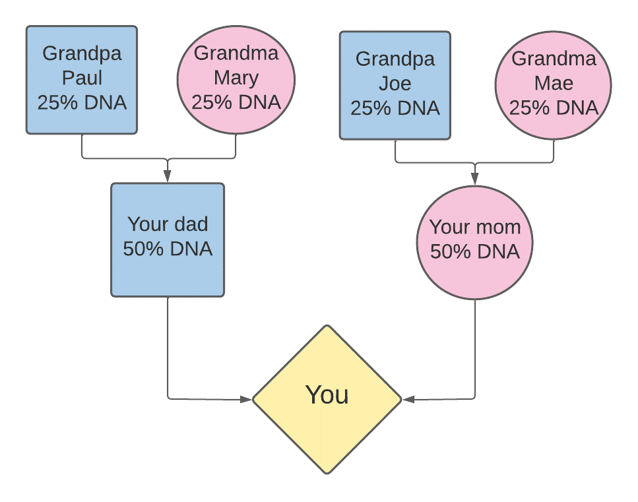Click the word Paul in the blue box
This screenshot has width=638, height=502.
click(82, 78)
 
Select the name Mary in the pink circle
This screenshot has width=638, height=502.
click(236, 78)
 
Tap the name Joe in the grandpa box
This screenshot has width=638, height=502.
click(395, 83)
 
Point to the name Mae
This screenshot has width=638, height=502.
click(554, 83)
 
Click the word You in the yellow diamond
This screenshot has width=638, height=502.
click(327, 394)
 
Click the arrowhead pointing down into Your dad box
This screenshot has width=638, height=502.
click(167, 176)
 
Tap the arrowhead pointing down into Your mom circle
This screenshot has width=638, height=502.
click(474, 179)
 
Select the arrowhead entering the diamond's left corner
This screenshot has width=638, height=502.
click(246, 400)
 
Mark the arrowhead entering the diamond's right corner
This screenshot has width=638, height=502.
click(408, 400)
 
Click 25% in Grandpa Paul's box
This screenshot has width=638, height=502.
click(57, 102)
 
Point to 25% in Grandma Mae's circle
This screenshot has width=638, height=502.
click(529, 108)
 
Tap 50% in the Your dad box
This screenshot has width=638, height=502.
click(143, 249)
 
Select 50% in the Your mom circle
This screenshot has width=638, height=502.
click(451, 252)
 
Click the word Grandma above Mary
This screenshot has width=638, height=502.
click(236, 53)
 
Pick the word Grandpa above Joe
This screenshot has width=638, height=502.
click(395, 59)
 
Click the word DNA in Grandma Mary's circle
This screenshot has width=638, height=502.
click(259, 102)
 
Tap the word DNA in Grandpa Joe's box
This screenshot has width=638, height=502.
click(419, 108)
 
